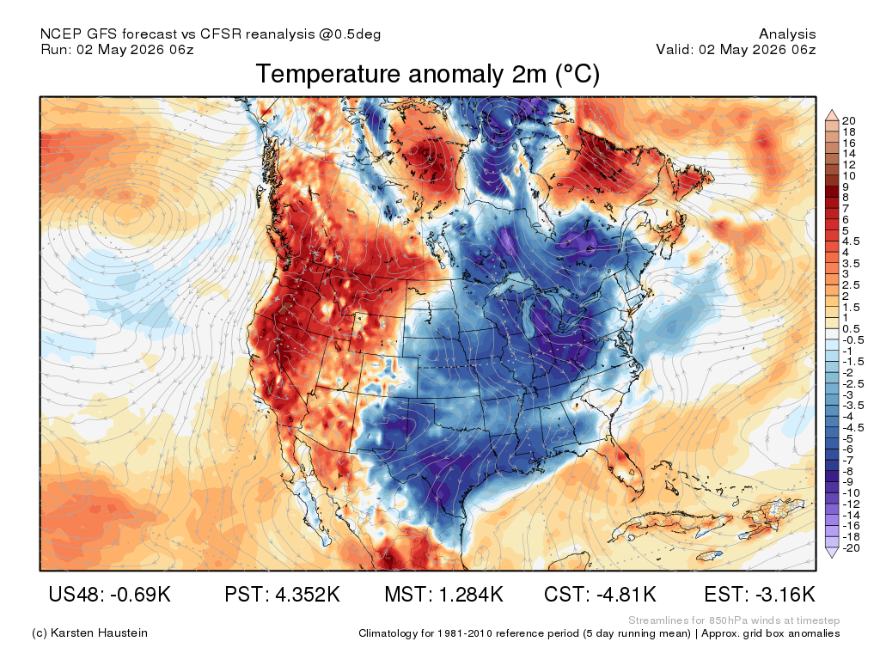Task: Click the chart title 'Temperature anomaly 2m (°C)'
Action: (x=428, y=74)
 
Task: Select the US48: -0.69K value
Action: (x=109, y=594)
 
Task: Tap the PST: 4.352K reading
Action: (x=282, y=594)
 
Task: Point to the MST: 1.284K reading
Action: (x=444, y=594)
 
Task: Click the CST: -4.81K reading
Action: (x=600, y=594)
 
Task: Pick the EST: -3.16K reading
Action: (x=760, y=594)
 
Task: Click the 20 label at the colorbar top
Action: (x=848, y=120)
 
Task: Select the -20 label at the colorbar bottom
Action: (x=851, y=548)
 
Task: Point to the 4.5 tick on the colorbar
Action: (x=851, y=241)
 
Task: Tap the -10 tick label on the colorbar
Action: (x=851, y=493)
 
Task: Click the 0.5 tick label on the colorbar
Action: (x=851, y=329)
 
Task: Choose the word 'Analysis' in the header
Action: (x=787, y=34)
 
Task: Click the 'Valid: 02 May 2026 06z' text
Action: (x=736, y=49)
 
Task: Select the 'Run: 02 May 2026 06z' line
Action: (x=117, y=49)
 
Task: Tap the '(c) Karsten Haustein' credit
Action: (x=89, y=633)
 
